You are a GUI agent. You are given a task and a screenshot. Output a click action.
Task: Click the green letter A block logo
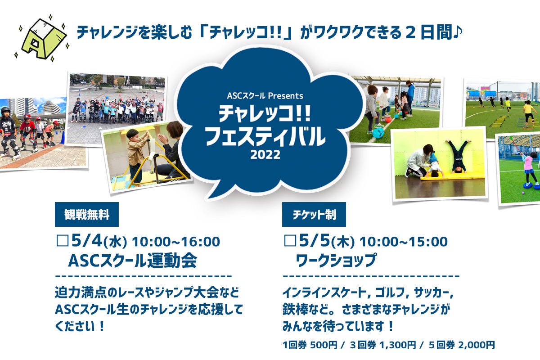click(x=43, y=39)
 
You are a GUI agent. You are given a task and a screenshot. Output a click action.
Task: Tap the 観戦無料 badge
click(x=87, y=214)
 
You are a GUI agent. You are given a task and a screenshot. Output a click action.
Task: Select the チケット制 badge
click(x=314, y=214)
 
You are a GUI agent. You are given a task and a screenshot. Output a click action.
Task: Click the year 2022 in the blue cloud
click(x=265, y=154)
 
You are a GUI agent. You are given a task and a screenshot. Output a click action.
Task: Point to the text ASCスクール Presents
click(x=265, y=96)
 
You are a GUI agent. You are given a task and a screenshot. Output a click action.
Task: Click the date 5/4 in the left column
click(x=87, y=241)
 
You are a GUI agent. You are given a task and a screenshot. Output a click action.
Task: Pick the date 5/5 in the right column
click(x=315, y=241)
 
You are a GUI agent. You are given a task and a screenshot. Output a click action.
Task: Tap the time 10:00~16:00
click(x=176, y=242)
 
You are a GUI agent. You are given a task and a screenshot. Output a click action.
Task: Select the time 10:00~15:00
click(x=404, y=242)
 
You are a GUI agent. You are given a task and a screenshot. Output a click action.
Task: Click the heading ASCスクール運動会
click(x=133, y=261)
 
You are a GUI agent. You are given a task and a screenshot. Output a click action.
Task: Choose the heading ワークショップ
click(x=336, y=261)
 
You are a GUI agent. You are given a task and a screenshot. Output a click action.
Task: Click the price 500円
click(x=323, y=345)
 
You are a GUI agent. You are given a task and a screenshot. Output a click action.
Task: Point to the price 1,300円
click(x=398, y=345)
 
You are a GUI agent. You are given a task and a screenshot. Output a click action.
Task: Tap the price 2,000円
click(x=477, y=345)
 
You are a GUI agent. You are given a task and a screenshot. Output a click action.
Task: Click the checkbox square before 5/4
click(x=63, y=241)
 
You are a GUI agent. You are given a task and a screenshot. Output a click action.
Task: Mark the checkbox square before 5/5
click(x=290, y=241)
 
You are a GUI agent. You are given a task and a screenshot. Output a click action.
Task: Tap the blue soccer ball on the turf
click(x=378, y=133)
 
